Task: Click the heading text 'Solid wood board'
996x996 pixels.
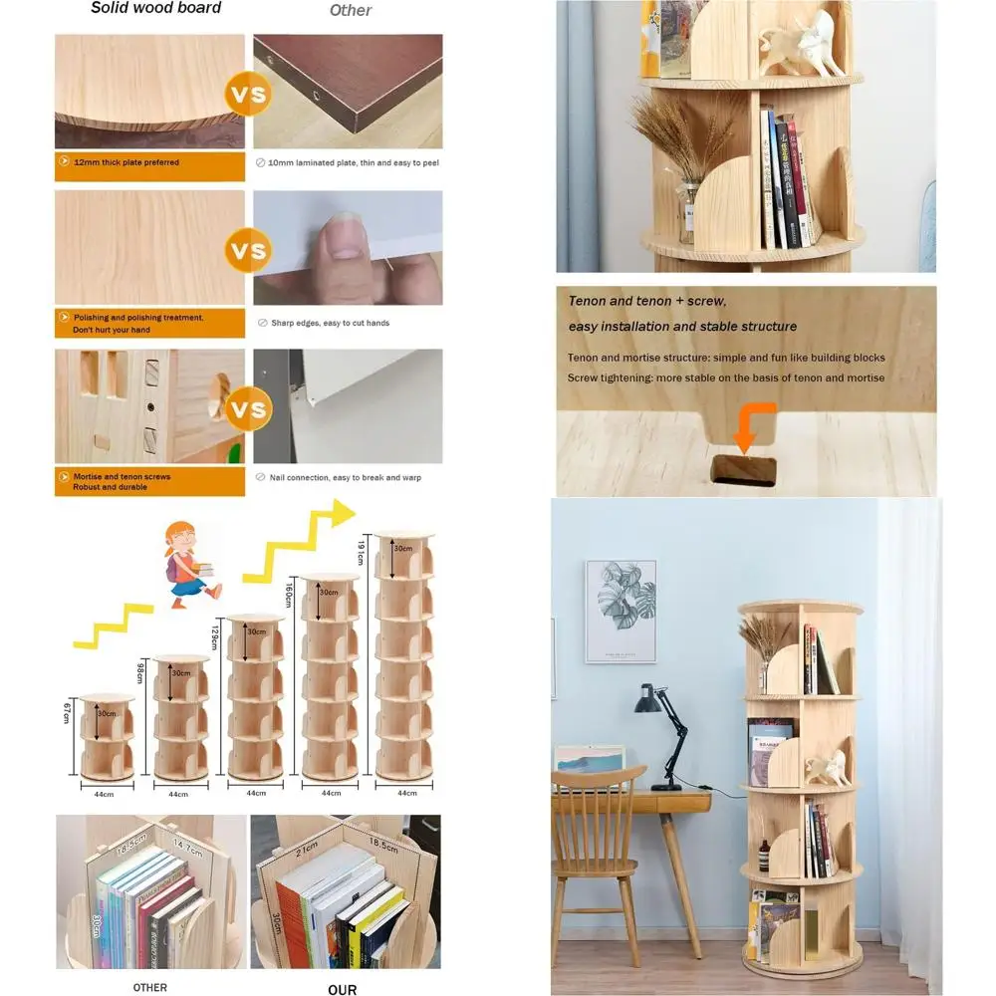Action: click(155, 9)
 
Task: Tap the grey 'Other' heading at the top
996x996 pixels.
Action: click(350, 11)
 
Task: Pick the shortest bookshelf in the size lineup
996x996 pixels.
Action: click(106, 737)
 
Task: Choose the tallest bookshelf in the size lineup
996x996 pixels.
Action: click(405, 657)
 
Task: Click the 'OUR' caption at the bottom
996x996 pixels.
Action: click(343, 989)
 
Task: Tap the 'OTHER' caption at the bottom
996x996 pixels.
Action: click(150, 987)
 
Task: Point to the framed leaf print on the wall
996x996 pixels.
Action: click(620, 611)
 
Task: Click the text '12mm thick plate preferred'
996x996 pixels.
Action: click(126, 162)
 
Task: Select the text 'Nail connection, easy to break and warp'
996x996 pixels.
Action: click(345, 477)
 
